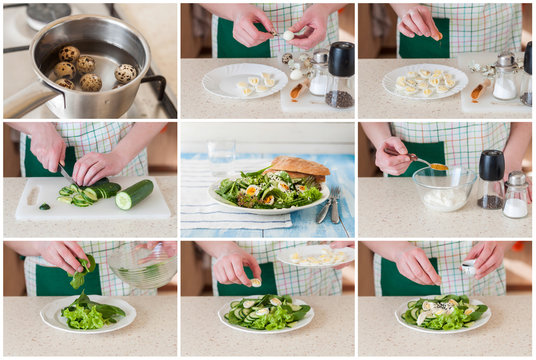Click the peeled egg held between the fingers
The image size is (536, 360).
[x=288, y=35]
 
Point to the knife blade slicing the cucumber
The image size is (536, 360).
[x=66, y=176]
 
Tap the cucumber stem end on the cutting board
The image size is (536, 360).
[x=44, y=206]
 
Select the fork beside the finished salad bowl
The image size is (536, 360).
[x=335, y=204]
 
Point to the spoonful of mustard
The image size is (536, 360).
[x=438, y=166]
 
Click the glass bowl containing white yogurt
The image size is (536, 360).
[x=444, y=190]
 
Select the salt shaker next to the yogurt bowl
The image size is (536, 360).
[x=516, y=196]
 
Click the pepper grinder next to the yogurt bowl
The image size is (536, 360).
[x=491, y=179]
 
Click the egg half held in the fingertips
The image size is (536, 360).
[x=256, y=282]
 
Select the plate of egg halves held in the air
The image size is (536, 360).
[x=315, y=256]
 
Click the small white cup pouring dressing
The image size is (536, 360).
[x=469, y=267]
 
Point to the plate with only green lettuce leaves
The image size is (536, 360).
[x=88, y=314]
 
